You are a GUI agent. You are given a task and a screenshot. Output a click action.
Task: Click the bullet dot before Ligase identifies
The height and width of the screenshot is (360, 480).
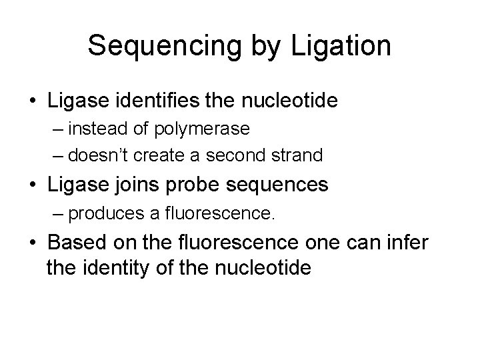[32, 101]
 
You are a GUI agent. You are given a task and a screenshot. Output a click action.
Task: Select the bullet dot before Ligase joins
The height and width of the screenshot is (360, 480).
[32, 185]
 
